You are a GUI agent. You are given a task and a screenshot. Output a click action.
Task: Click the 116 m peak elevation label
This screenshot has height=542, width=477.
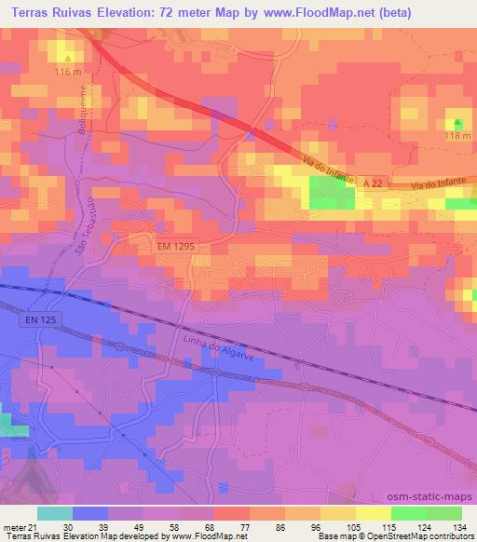pos(69,71)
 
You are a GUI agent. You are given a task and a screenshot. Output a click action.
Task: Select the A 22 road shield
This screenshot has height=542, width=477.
pos(372,185)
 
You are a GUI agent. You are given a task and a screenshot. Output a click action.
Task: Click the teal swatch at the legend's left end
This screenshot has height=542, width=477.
pos(54,513)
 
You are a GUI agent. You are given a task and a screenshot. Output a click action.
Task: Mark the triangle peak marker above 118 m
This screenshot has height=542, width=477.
pos(457,122)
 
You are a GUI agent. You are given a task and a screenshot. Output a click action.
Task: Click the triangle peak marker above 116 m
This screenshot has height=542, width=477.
pos(68,58)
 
